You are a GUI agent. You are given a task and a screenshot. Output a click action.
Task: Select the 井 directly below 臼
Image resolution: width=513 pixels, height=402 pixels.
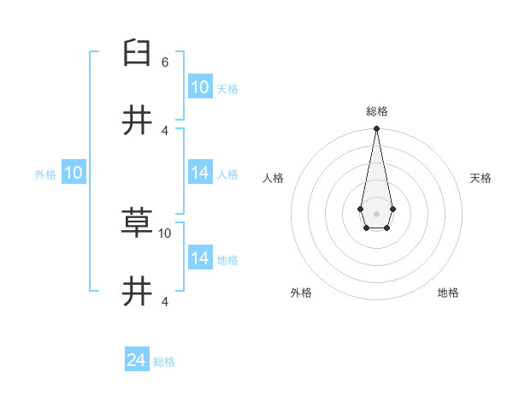coord(137,121)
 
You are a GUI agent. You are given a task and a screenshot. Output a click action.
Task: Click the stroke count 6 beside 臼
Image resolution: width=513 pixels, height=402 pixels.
coord(165,62)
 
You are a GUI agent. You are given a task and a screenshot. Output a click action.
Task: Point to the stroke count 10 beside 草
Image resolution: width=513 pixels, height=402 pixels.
coord(165,233)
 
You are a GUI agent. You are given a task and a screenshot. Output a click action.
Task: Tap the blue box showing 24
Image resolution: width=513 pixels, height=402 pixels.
coord(137,361)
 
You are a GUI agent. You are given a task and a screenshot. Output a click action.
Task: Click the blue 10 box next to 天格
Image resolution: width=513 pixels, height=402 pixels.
coord(199,87)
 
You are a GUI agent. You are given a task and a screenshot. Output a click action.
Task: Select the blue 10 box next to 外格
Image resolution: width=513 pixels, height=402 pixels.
coord(74,174)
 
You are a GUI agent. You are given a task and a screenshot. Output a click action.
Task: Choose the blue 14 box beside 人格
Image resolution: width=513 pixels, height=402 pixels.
coord(199,174)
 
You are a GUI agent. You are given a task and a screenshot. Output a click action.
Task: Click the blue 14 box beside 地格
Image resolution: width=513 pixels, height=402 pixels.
coord(199,258)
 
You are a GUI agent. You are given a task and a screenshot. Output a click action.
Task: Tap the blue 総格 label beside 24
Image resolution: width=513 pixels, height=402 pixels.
coord(164,362)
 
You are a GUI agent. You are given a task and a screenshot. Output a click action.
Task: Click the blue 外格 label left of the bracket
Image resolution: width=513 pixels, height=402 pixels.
coord(45,174)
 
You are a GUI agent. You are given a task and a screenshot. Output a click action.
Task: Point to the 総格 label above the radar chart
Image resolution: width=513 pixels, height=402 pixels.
coord(376,111)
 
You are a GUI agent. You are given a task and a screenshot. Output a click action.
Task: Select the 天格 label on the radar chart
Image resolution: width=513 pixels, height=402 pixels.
coord(481,178)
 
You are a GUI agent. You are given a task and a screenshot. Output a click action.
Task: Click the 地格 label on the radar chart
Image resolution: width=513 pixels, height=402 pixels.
coord(448,293)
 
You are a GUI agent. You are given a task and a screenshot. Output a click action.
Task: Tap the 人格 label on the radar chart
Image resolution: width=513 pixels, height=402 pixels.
coord(273,178)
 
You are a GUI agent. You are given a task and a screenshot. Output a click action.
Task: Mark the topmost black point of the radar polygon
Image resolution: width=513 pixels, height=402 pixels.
coord(376,128)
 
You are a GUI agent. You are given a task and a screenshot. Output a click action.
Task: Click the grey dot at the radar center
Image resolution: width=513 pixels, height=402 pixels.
coord(376,212)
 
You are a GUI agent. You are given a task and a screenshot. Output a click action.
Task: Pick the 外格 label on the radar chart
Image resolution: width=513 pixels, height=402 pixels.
coord(301,293)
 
